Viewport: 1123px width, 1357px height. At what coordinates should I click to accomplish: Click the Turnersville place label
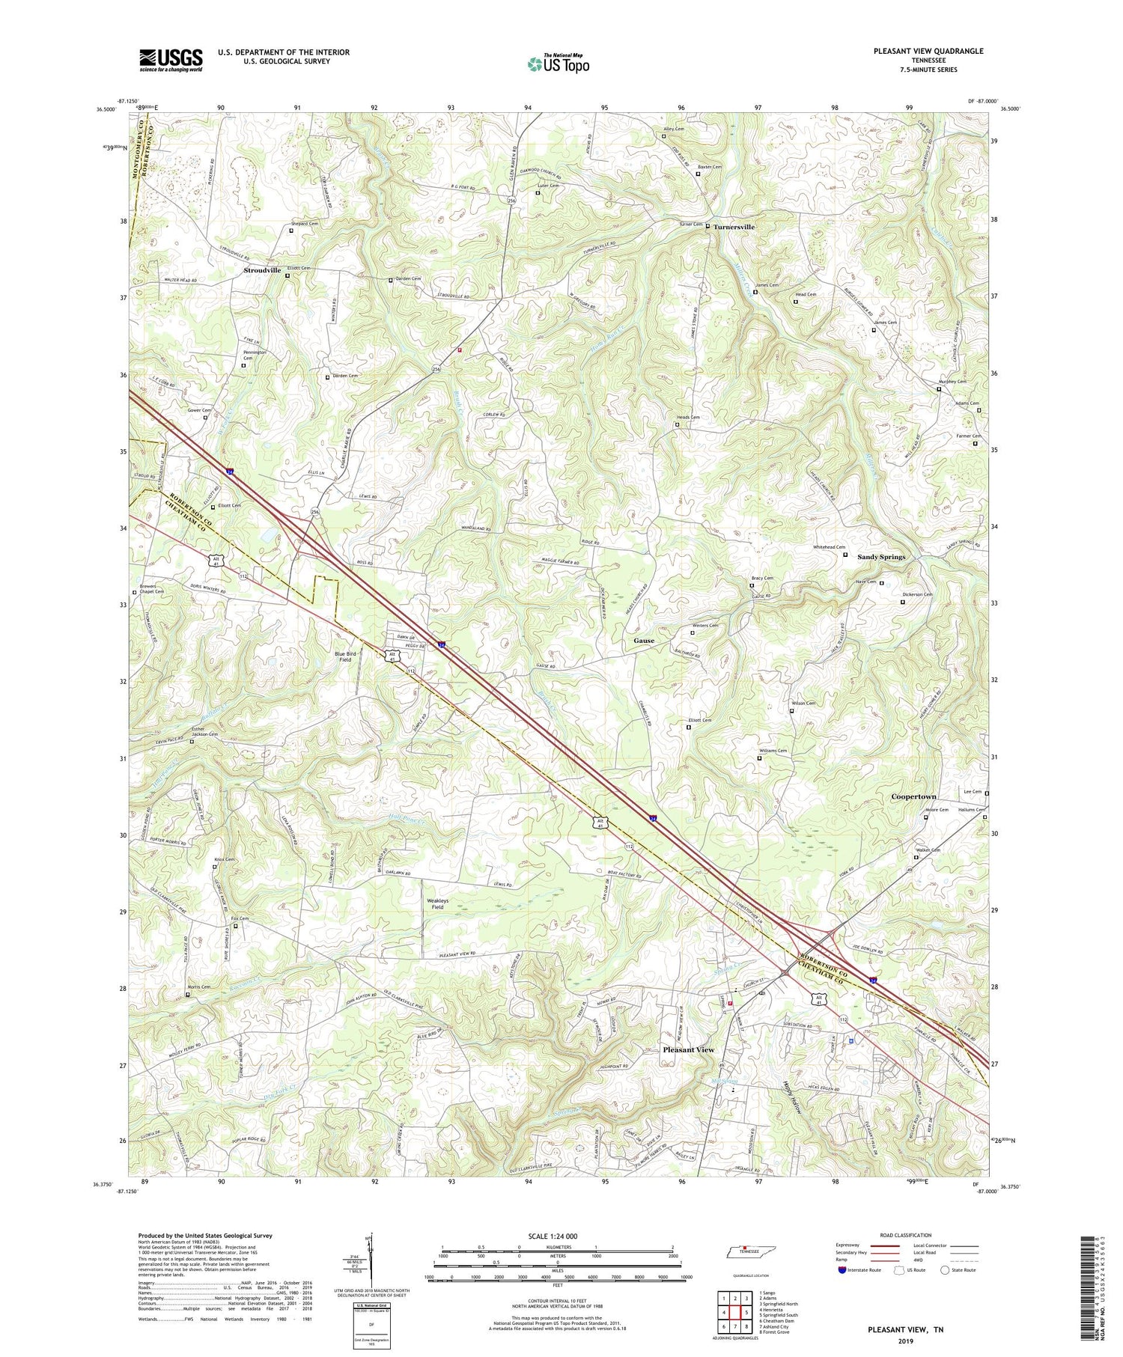tap(734, 227)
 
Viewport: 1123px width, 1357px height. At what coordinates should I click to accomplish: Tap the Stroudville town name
tap(262, 271)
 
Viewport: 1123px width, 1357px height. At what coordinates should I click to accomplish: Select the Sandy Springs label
tap(881, 557)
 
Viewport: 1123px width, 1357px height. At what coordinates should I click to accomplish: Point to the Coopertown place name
tap(913, 797)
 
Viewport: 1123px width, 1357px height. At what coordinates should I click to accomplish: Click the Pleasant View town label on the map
tap(688, 1050)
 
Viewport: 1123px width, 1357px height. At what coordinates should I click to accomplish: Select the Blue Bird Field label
tap(345, 656)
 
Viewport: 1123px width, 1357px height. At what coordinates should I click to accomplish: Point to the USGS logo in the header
tap(171, 60)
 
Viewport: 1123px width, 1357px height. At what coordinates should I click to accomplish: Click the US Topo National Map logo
tap(558, 64)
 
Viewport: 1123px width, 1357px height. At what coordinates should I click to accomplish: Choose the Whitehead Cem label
tap(830, 547)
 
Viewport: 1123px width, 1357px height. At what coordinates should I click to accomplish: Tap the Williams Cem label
tap(773, 751)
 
